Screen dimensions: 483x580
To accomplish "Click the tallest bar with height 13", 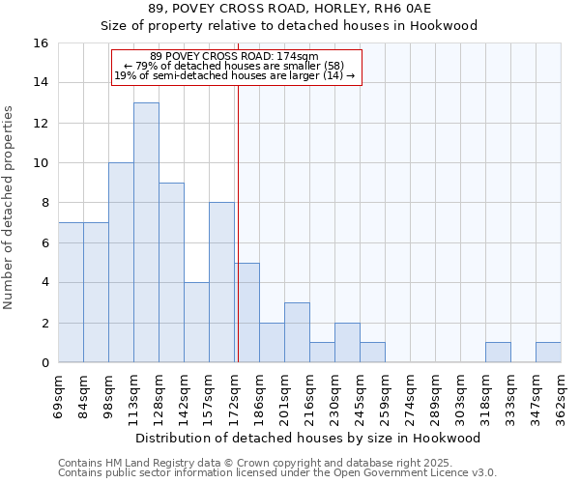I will (x=146, y=232).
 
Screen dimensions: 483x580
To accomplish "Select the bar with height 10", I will (x=121, y=263).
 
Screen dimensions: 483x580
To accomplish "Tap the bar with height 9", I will (x=171, y=272).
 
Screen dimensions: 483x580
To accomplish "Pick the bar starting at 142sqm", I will (x=196, y=323).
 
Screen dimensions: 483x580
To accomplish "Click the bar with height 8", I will (x=221, y=282).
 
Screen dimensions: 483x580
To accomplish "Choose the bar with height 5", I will (x=247, y=313).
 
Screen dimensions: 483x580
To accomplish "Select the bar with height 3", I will (x=297, y=332).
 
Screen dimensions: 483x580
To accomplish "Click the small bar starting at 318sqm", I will (x=498, y=353).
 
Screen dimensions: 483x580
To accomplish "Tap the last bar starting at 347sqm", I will (x=548, y=353).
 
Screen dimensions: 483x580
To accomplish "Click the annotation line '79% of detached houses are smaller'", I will (x=236, y=66).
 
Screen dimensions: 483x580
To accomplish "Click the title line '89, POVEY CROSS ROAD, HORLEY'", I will (x=289, y=9).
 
